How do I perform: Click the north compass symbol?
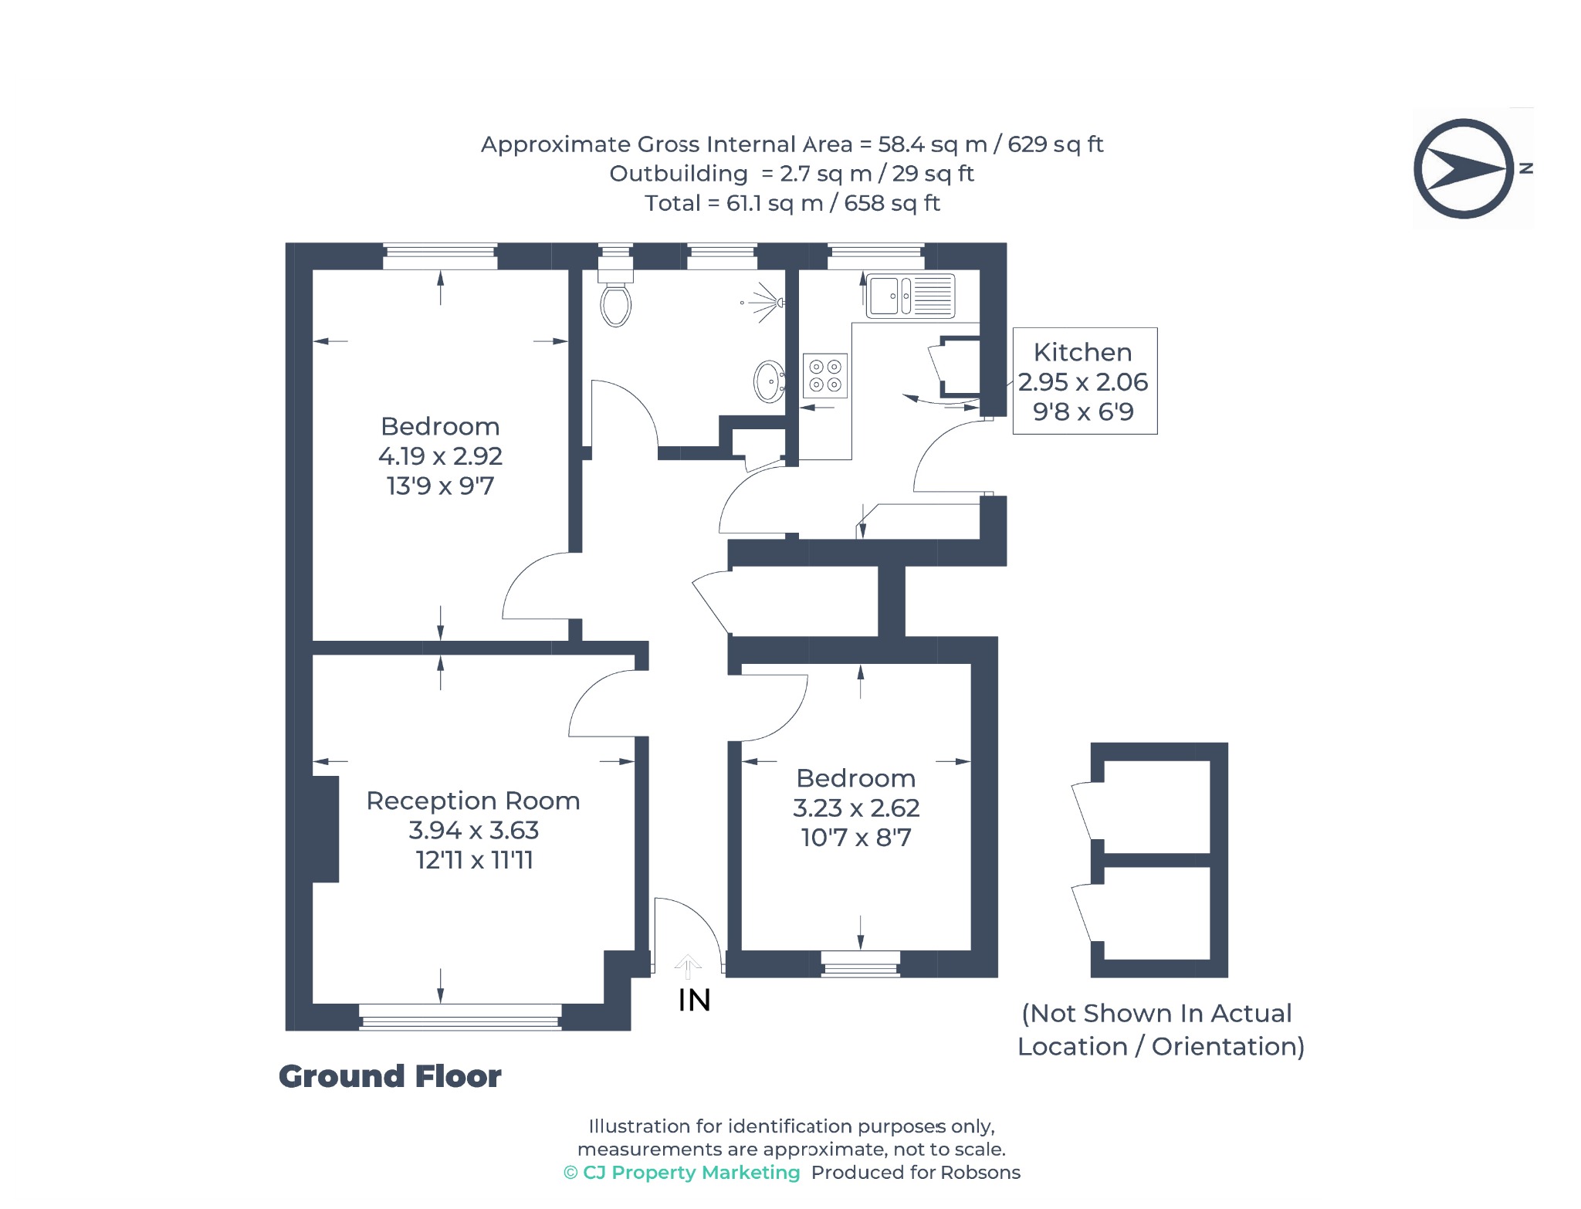pos(1464,168)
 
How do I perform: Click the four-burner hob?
pos(825,376)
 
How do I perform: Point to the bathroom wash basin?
pos(769,381)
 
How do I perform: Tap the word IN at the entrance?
pos(694,1001)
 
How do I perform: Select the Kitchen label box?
pos(1085,381)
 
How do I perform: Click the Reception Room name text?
pos(473,801)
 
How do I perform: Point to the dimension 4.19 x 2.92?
pos(440,456)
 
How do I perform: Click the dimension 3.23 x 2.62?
pos(856,808)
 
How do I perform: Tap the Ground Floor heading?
pos(390,1076)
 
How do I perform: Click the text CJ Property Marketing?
pos(692,1173)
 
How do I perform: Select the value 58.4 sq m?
pos(933,144)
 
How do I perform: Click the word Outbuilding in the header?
pos(679,174)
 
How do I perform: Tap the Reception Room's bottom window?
pos(461,1017)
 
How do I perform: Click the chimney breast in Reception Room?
pos(326,829)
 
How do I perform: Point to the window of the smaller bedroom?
pos(861,964)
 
